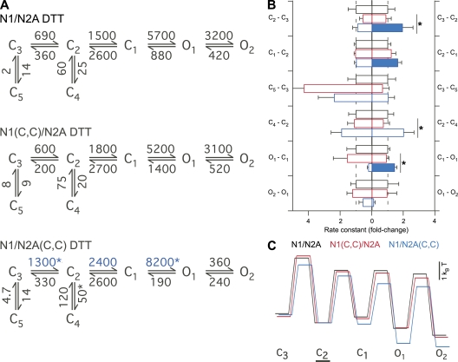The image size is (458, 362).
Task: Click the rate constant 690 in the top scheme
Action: click(x=45, y=36)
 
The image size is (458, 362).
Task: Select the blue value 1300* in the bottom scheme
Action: click(x=45, y=262)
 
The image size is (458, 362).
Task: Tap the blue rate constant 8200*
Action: click(x=163, y=262)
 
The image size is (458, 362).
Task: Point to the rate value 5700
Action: click(x=161, y=36)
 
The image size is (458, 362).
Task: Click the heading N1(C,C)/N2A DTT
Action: click(x=46, y=132)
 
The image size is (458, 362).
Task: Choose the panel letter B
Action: click(x=272, y=5)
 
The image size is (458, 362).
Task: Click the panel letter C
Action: click(x=272, y=246)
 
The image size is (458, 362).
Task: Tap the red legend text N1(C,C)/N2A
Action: click(x=355, y=245)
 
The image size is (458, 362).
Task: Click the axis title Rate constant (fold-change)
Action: click(x=366, y=230)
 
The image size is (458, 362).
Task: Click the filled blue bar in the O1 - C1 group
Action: click(x=383, y=168)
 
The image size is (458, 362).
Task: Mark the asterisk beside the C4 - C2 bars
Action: click(x=422, y=128)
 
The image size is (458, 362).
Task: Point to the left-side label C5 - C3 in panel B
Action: click(x=278, y=88)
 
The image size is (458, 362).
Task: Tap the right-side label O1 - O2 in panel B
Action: click(x=447, y=193)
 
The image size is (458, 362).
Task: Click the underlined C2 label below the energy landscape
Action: click(x=323, y=354)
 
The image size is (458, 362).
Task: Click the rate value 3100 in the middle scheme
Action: click(x=219, y=149)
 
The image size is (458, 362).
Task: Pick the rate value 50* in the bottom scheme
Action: click(x=82, y=296)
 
